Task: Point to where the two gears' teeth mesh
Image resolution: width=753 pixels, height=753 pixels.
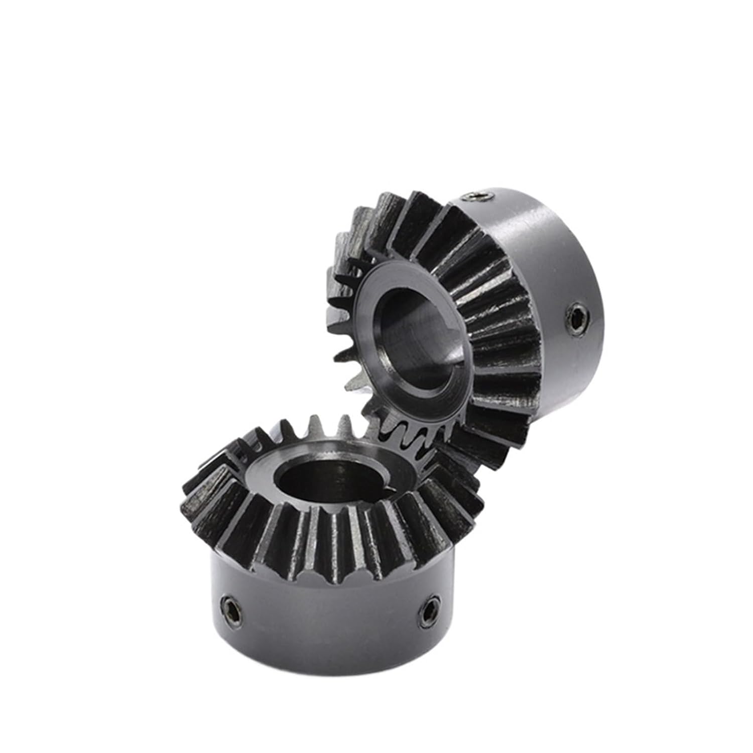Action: pos(402,427)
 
